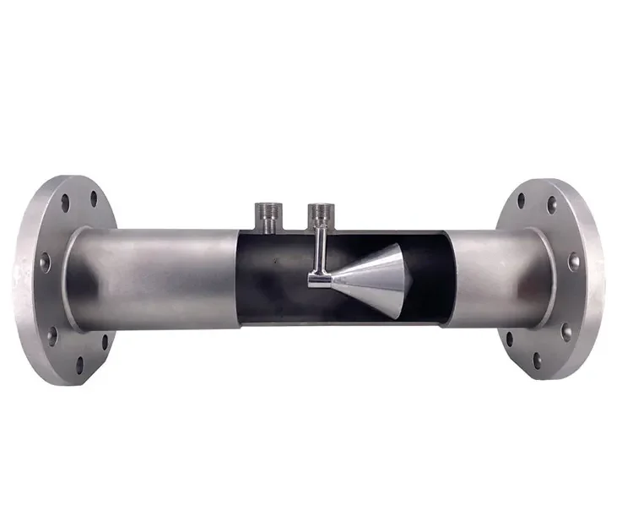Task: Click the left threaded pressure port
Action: [x=268, y=218]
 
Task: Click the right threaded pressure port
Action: [x=321, y=218]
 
